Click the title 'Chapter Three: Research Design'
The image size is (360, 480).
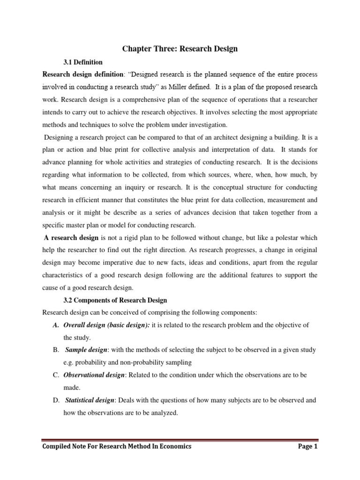click(180, 49)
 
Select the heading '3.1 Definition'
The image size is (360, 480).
click(82, 62)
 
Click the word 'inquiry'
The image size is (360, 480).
click(160, 187)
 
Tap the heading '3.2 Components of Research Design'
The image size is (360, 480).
click(115, 300)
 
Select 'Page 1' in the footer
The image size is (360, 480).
click(307, 447)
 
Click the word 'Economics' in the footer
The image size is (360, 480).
click(175, 447)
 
